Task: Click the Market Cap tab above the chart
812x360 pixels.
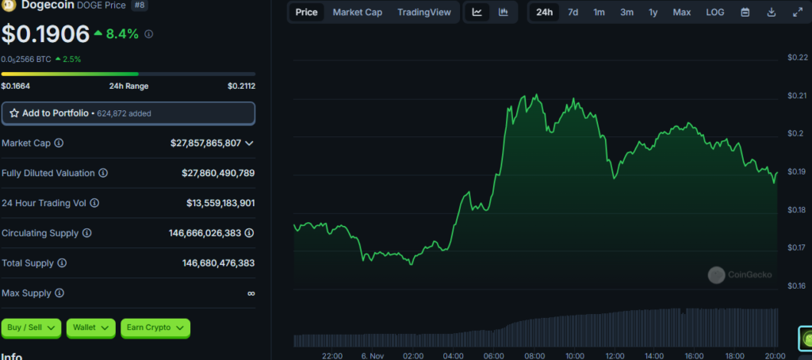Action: tap(358, 12)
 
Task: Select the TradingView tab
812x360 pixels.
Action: tap(424, 12)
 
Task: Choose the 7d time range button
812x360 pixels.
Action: tap(573, 12)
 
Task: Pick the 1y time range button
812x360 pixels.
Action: tap(653, 12)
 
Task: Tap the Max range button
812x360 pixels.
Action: tap(681, 12)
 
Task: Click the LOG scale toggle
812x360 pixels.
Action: tap(715, 12)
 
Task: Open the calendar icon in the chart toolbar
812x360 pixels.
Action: tap(745, 12)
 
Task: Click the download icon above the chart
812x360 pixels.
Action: tap(771, 12)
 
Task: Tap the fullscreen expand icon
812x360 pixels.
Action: tap(798, 12)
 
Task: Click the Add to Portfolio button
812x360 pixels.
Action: tap(128, 113)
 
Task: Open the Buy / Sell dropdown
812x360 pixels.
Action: tap(32, 327)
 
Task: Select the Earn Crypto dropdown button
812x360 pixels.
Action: tap(155, 327)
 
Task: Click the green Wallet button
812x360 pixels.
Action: tap(91, 327)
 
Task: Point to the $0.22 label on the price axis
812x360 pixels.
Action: tap(798, 57)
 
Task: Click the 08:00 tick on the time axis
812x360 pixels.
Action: tap(534, 356)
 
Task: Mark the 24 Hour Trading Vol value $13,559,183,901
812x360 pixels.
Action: tap(220, 203)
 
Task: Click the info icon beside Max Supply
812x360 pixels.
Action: tap(59, 293)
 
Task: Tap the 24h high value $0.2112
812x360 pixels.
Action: tap(241, 86)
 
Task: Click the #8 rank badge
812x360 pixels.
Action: tap(139, 6)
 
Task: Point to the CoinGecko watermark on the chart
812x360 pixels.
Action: tap(740, 275)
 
